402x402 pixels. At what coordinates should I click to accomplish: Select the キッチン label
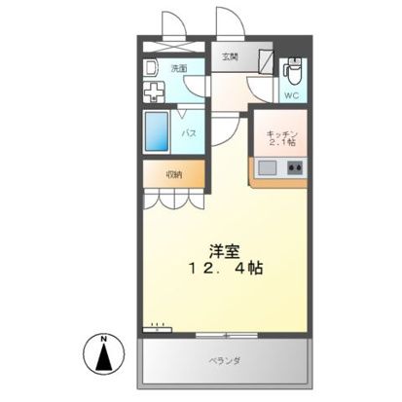click(279, 132)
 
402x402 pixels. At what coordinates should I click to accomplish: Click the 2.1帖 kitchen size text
click(280, 143)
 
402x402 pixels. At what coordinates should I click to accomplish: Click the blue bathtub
click(158, 130)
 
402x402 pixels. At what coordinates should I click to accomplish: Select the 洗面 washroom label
click(179, 68)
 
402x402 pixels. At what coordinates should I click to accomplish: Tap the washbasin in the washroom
click(151, 68)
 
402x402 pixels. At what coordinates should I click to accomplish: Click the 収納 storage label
click(172, 175)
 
